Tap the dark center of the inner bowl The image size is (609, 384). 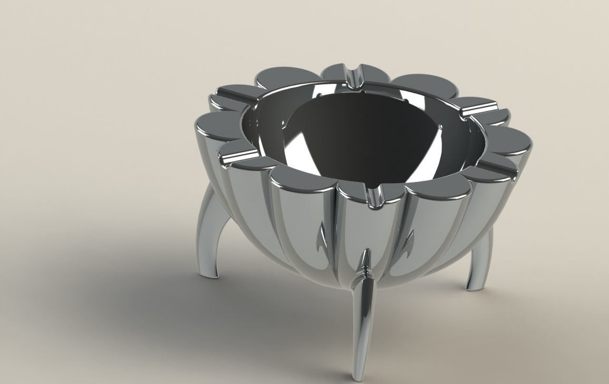pyautogui.click(x=364, y=137)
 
